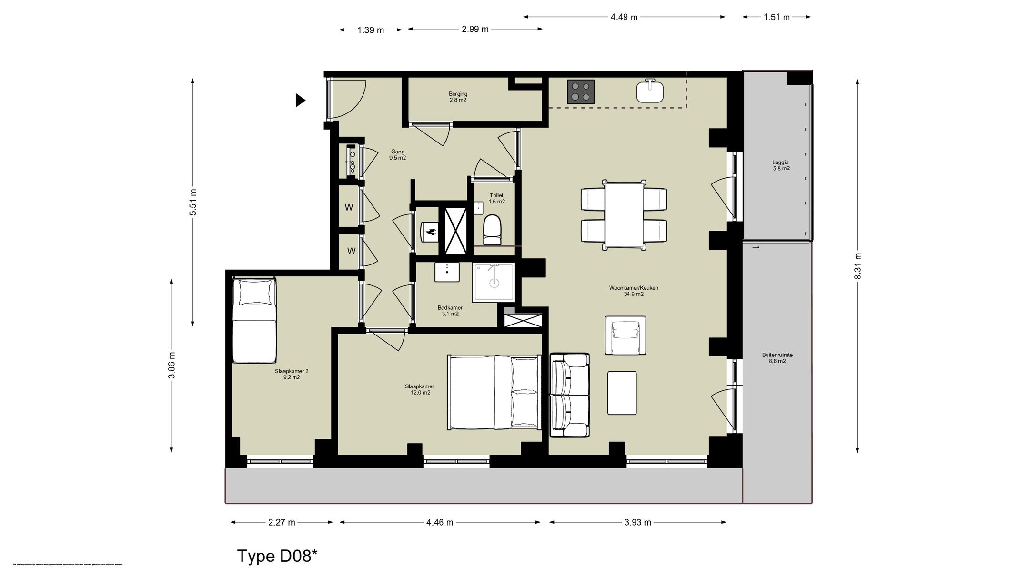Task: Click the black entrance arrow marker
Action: pos(300,100)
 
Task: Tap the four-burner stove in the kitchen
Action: pos(581,91)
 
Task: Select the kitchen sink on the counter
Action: pos(650,91)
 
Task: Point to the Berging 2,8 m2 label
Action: pos(458,97)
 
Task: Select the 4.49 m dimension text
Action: pos(624,17)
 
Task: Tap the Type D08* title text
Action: pos(277,556)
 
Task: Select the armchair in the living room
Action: pos(625,335)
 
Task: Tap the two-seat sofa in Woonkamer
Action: pos(569,395)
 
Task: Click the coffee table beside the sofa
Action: pos(622,393)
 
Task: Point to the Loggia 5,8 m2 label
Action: pos(781,165)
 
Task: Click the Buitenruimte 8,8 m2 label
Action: pos(777,358)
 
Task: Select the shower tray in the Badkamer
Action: pos(494,283)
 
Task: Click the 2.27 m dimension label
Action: pos(282,522)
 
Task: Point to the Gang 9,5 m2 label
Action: pos(397,155)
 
